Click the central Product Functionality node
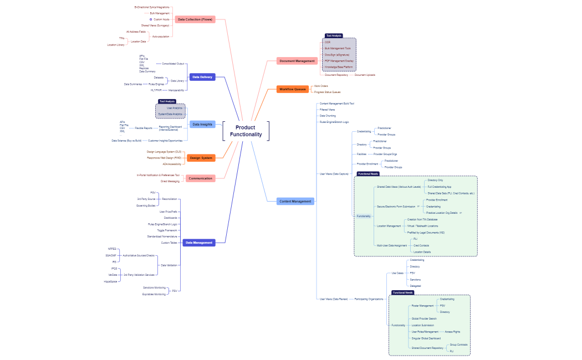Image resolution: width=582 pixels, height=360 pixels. coord(246,131)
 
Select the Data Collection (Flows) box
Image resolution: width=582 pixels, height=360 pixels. coord(195,19)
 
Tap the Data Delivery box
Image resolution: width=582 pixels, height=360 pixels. coord(202,77)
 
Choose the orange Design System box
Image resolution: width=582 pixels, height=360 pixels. coord(201,158)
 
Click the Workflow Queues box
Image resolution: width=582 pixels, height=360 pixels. coord(292,89)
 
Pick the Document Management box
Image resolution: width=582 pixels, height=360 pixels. coord(297,61)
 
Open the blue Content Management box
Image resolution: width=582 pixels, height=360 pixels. coord(295,201)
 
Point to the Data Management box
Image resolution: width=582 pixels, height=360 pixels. coord(199,243)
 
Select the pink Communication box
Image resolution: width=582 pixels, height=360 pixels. coord(200,178)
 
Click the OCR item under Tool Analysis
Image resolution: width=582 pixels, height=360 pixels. coord(328,42)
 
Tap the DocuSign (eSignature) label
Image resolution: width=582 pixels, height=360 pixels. coord(337,55)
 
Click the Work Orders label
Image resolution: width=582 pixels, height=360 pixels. coord(321,86)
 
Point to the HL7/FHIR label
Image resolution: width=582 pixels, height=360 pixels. coord(156,90)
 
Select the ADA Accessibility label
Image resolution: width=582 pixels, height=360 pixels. coord(172,164)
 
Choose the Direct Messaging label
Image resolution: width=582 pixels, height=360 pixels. coord(170,181)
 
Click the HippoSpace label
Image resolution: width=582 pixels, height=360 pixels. coord(110,281)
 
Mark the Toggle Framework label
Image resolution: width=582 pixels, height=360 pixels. coord(167,230)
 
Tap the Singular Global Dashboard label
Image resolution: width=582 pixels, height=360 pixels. coord(426,338)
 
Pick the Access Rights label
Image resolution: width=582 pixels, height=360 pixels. coord(452,332)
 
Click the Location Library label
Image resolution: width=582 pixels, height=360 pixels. coord(116,45)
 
